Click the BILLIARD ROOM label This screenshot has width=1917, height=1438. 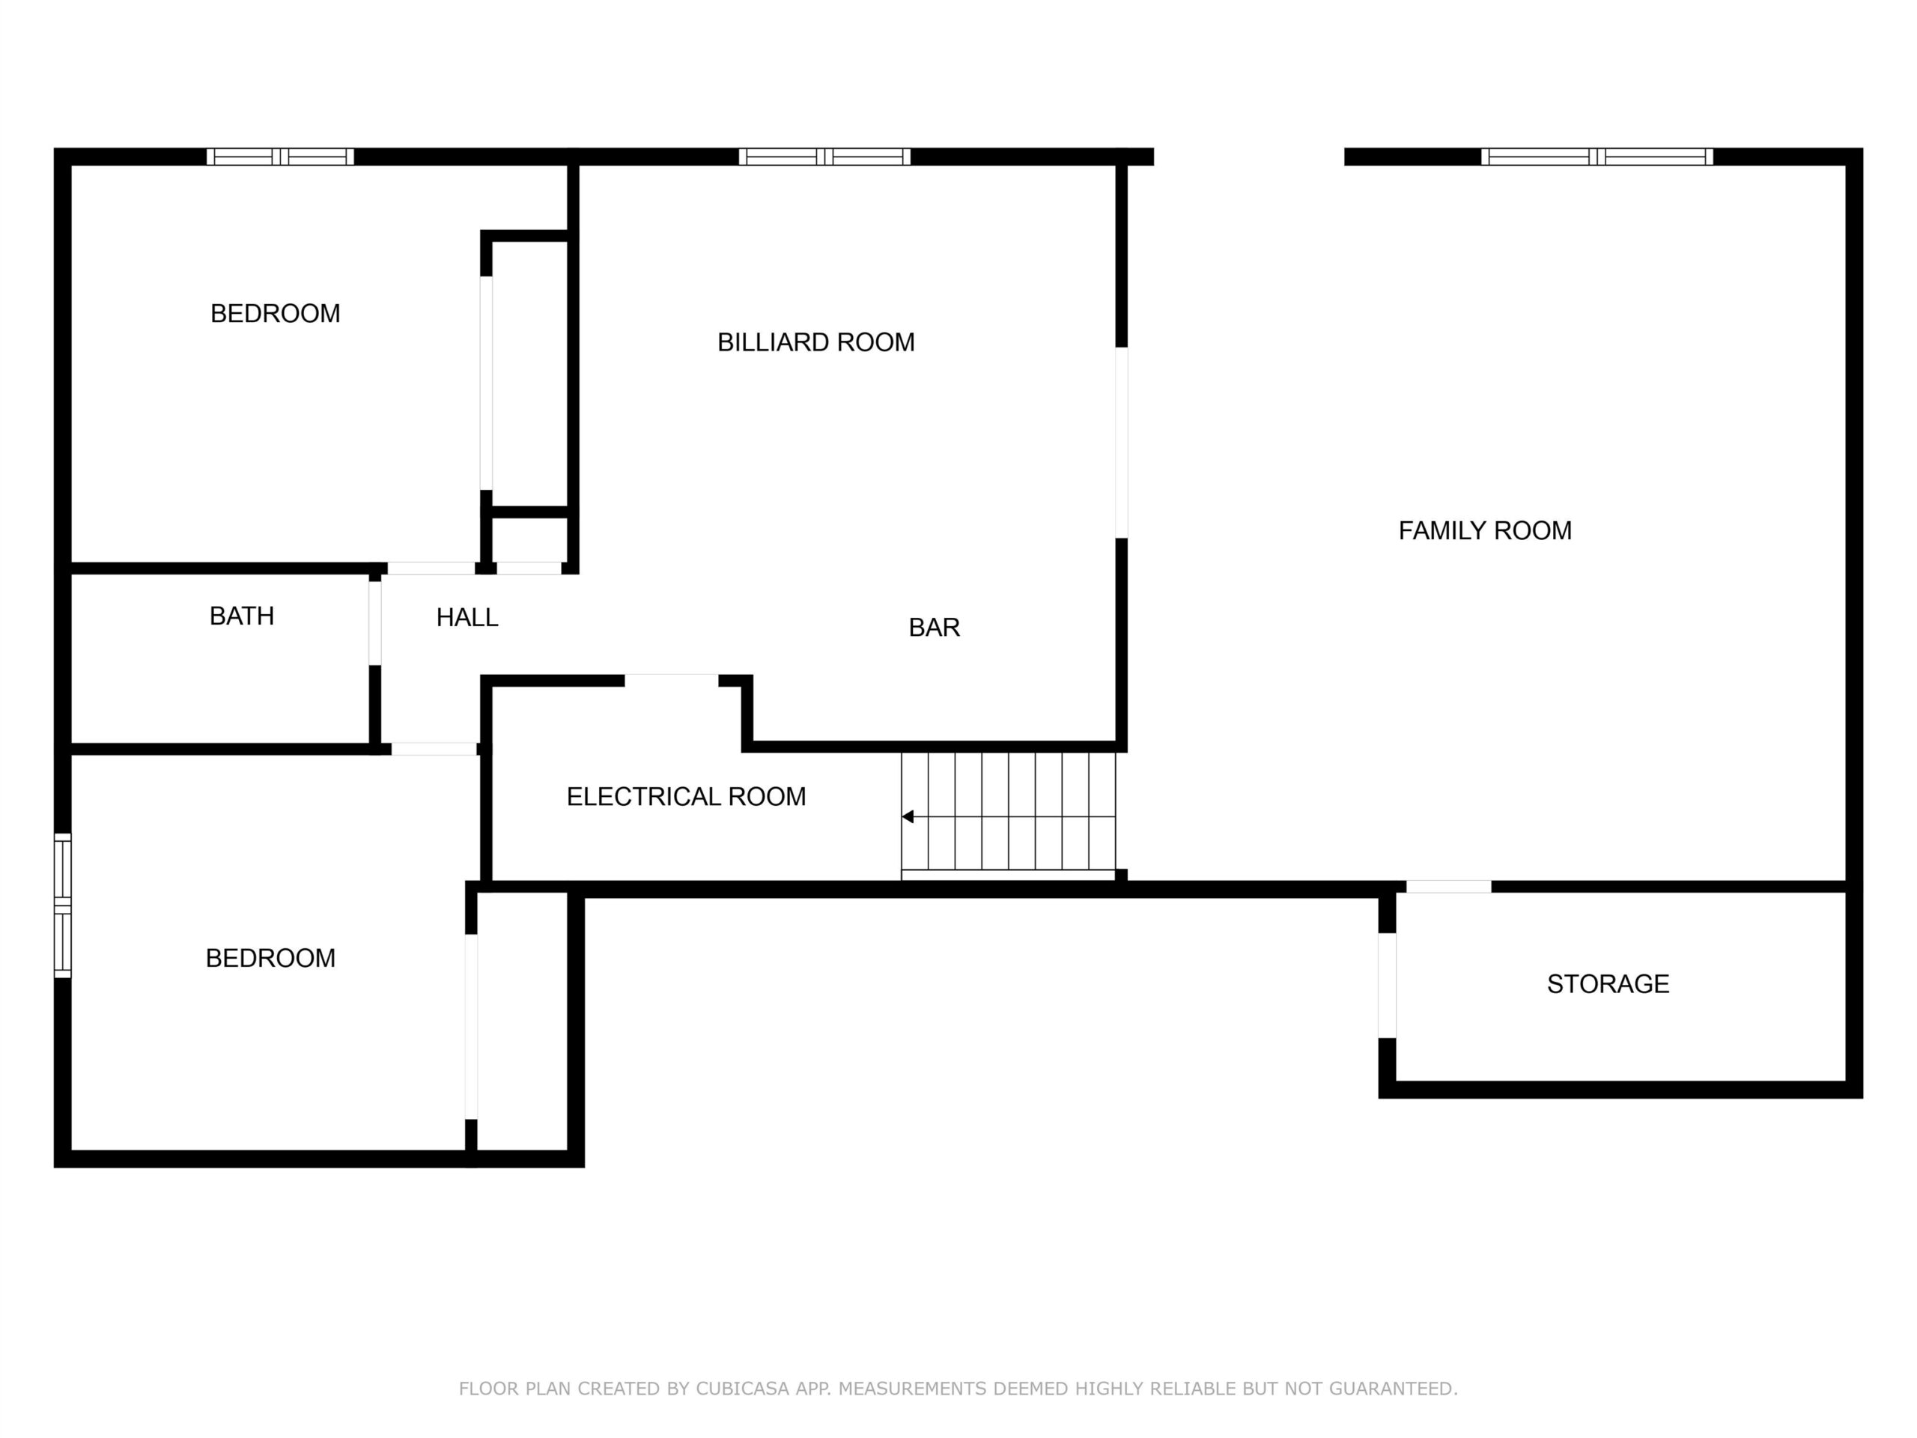(815, 342)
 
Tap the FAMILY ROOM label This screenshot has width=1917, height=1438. (1484, 530)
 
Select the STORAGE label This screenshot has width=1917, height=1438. (1608, 984)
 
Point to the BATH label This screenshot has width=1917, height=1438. (242, 616)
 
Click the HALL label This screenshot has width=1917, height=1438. (467, 617)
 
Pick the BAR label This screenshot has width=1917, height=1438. (935, 628)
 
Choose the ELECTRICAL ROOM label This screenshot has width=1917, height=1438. (687, 797)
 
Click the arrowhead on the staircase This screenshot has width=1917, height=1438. (908, 816)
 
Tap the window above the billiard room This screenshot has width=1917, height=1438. (824, 157)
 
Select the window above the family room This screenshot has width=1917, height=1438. (1597, 157)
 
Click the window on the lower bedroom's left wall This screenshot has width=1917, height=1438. (62, 905)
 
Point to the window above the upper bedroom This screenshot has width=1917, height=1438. (280, 157)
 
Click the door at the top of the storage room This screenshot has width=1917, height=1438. (1448, 887)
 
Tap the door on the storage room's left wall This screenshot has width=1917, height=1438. (1387, 985)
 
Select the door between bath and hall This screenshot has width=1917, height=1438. (374, 622)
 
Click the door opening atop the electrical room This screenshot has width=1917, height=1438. (672, 680)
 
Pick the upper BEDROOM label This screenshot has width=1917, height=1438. (276, 314)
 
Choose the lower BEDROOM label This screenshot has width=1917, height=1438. (270, 959)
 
